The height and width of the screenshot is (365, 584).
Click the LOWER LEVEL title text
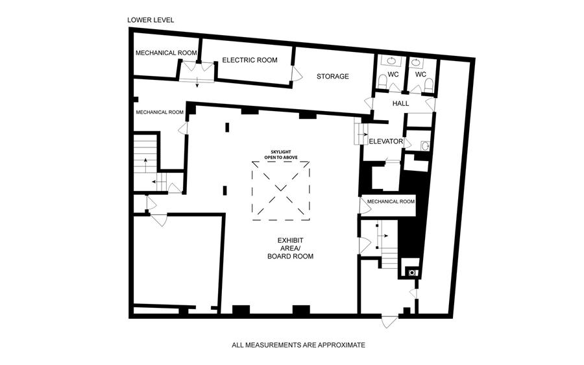point(150,20)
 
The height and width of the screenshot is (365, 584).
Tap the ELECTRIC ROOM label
point(250,60)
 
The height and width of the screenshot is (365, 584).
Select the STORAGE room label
point(333,77)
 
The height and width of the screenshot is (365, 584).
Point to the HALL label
point(400,103)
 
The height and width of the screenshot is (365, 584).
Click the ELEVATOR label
point(386,142)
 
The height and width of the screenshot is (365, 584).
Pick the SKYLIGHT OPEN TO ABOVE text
point(280,155)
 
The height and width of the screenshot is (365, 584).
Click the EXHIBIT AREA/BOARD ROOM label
point(290,248)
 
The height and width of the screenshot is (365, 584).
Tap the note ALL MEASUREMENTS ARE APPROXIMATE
point(298,345)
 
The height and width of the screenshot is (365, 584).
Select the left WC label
point(394,75)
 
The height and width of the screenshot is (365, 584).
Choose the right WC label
point(420,75)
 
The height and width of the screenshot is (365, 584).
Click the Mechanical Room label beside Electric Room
point(165,53)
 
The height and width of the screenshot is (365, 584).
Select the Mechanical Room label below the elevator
point(391,201)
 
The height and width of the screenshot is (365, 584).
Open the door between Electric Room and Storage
point(297,73)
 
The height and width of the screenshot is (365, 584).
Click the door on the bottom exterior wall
point(390,321)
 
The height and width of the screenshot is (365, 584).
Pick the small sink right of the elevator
point(424,146)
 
